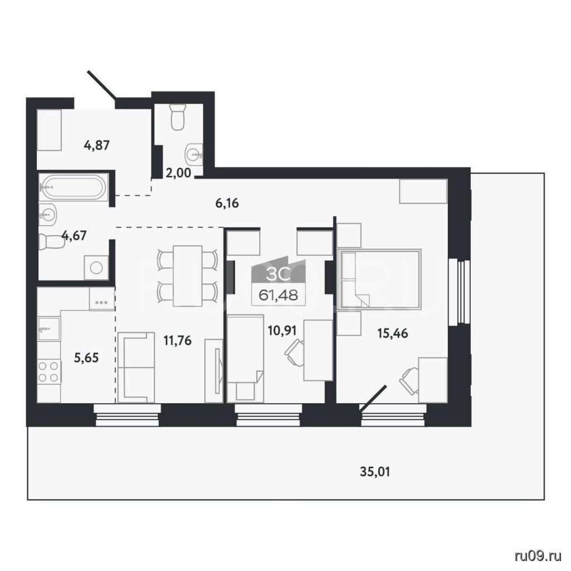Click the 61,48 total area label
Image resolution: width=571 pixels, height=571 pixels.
[x=278, y=295]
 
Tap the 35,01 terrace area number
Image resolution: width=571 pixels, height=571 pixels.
[x=375, y=472]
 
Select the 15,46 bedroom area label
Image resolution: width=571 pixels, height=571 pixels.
[x=393, y=333]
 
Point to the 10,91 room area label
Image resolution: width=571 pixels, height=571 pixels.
[x=282, y=331]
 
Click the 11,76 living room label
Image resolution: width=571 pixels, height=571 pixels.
[x=178, y=341]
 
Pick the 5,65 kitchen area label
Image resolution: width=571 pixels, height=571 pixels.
[x=86, y=358]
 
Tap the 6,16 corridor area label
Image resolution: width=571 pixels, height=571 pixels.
[x=227, y=203]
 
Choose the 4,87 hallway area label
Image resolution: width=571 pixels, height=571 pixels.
[x=96, y=146]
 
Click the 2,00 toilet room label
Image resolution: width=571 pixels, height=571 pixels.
[x=178, y=173]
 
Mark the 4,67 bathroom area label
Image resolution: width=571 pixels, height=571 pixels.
[x=74, y=236]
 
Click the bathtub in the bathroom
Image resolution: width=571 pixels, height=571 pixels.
[x=73, y=187]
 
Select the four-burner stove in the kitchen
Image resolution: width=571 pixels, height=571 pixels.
[x=49, y=371]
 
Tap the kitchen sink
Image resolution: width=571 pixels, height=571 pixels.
[x=49, y=328]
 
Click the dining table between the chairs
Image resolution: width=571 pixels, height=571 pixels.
[x=187, y=275]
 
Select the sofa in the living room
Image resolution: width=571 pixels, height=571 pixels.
[x=137, y=367]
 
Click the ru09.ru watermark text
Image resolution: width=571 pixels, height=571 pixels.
[x=538, y=555]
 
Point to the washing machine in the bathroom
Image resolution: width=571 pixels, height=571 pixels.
[x=96, y=268]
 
